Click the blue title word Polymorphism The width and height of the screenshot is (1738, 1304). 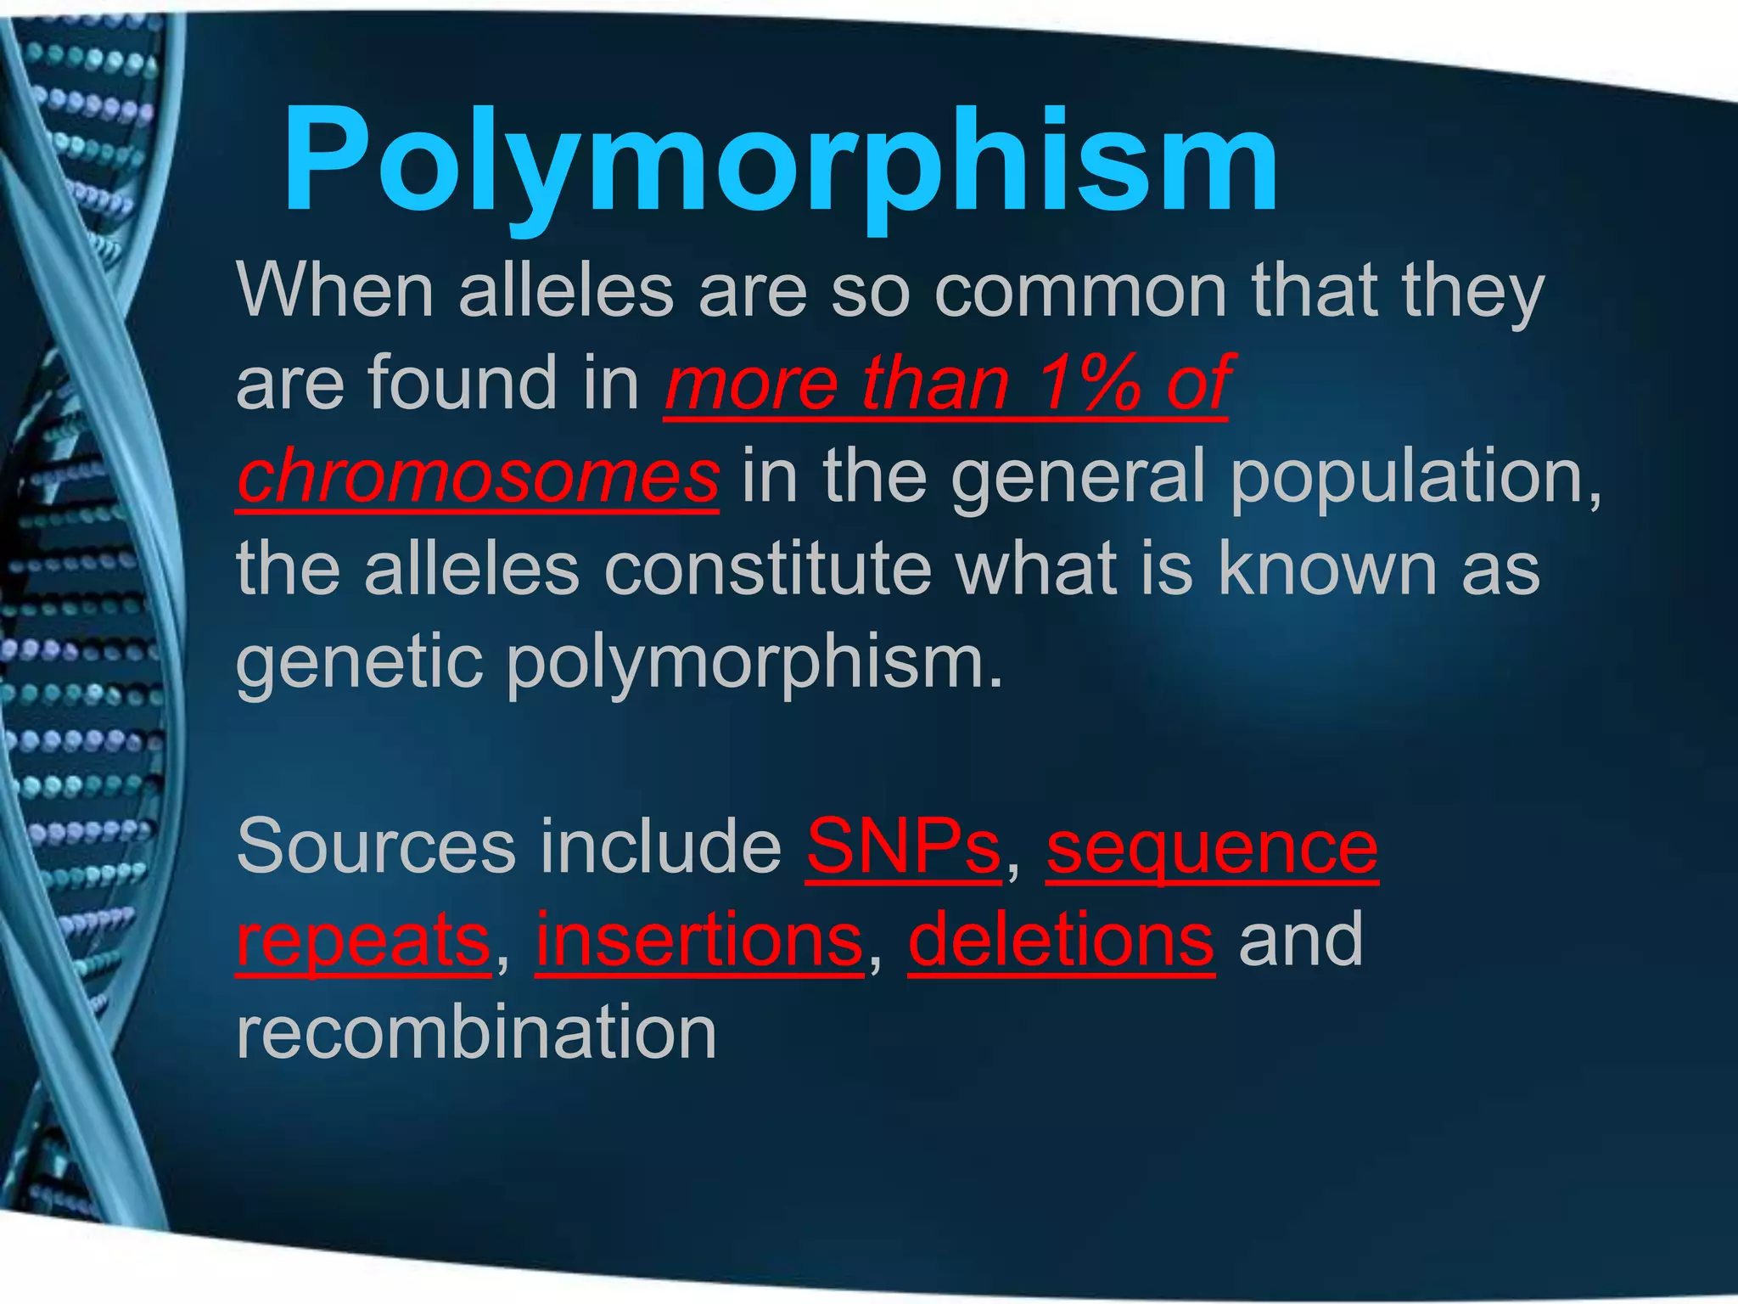click(x=781, y=161)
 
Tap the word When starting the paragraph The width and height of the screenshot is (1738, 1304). click(x=336, y=290)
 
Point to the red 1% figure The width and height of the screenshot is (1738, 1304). click(x=1090, y=384)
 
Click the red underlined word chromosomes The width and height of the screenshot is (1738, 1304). click(x=478, y=476)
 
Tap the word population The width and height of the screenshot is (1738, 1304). click(x=1413, y=476)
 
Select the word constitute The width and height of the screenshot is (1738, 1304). click(x=768, y=569)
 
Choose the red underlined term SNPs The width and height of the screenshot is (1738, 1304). click(x=903, y=846)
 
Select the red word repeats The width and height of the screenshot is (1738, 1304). click(x=363, y=941)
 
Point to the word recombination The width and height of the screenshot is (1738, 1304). click(x=476, y=1032)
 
